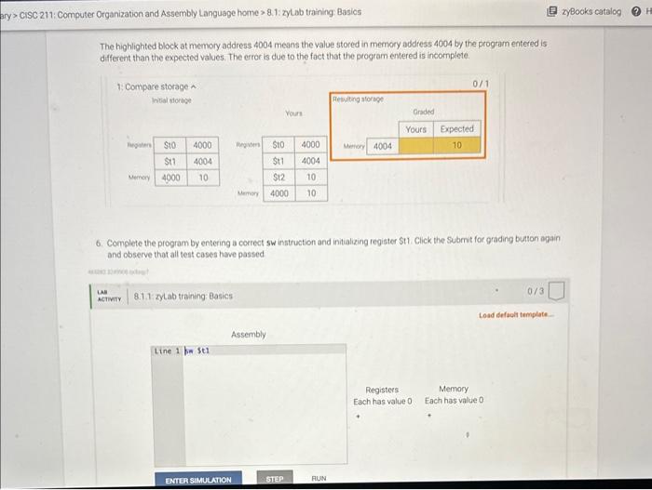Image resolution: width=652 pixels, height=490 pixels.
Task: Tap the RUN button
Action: pos(319,480)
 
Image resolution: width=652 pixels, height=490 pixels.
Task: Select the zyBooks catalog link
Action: pos(593,11)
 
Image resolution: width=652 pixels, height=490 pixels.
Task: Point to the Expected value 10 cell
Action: pos(457,146)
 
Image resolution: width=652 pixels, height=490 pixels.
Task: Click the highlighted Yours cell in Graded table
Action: pos(416,146)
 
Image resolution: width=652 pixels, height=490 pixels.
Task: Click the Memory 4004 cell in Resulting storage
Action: pos(382,146)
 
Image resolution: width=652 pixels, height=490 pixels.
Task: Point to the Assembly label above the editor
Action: pos(249,334)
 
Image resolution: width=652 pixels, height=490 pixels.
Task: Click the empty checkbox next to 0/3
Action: pos(556,294)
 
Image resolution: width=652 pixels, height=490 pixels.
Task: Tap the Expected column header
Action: pos(457,129)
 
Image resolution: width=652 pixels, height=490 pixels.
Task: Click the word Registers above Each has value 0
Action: pos(382,390)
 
